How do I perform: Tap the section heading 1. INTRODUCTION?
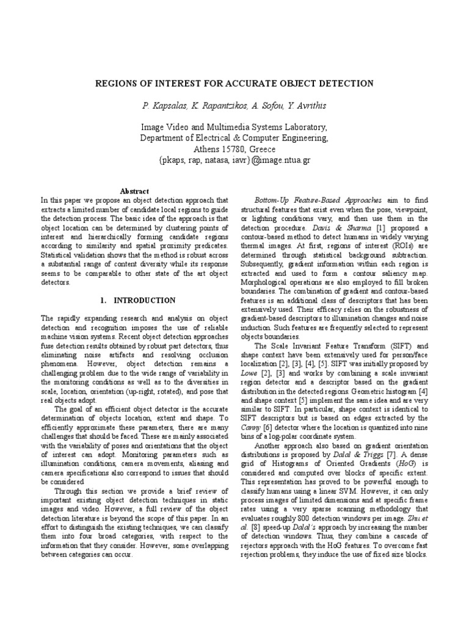(137, 300)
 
